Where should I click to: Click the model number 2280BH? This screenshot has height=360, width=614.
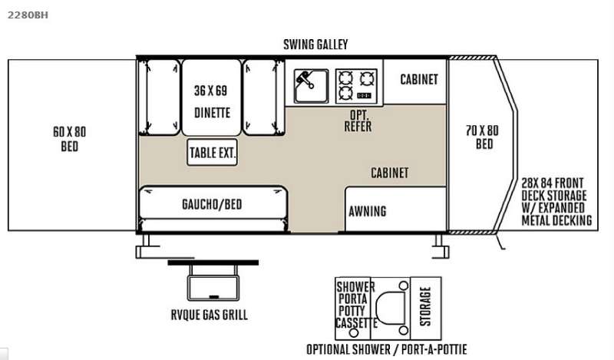[28, 15]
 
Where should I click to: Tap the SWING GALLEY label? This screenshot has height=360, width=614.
[315, 45]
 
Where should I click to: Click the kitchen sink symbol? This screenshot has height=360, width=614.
[312, 86]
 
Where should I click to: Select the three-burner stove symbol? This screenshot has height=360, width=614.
[356, 86]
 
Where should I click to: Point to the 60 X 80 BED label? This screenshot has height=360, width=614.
[69, 139]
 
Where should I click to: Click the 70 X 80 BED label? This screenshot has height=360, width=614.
[483, 137]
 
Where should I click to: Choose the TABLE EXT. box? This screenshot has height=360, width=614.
[213, 153]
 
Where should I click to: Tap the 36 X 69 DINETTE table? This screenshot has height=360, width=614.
[212, 97]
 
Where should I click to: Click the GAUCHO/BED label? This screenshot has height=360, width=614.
[212, 204]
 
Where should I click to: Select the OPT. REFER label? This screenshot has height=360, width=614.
[358, 121]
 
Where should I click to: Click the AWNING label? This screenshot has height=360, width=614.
[368, 212]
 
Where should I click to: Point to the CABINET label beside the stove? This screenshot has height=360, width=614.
[418, 80]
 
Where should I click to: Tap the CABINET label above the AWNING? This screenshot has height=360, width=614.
[390, 173]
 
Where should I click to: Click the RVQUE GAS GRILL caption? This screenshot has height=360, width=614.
[209, 315]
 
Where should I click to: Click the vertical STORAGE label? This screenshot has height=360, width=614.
[425, 306]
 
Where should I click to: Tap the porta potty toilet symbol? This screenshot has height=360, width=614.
[391, 308]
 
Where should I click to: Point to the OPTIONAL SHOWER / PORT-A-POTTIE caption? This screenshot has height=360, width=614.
[387, 349]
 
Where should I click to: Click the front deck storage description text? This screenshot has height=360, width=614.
[556, 201]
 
